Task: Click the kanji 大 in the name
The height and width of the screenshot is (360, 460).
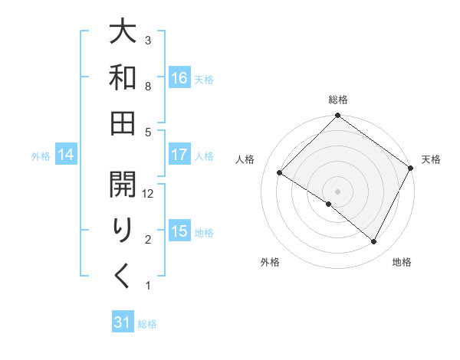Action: pyautogui.click(x=123, y=34)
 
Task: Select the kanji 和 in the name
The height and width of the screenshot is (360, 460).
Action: pyautogui.click(x=123, y=78)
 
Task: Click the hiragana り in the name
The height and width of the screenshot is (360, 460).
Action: pyautogui.click(x=123, y=231)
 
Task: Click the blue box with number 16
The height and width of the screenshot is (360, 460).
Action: pyautogui.click(x=179, y=77)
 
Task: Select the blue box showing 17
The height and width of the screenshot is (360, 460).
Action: pyautogui.click(x=179, y=155)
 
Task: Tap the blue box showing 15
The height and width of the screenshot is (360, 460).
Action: pyautogui.click(x=179, y=231)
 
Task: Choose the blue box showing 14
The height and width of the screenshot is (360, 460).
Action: pyautogui.click(x=66, y=155)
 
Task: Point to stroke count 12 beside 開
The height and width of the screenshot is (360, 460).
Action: pyautogui.click(x=149, y=194)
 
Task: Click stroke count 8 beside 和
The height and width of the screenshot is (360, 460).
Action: pyautogui.click(x=149, y=87)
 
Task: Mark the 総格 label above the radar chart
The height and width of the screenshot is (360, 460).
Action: pyautogui.click(x=338, y=100)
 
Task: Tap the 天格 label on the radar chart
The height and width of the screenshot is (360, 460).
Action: pyautogui.click(x=431, y=159)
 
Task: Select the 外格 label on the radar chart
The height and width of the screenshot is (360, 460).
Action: pyautogui.click(x=270, y=263)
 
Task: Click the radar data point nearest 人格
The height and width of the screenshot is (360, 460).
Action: pyautogui.click(x=280, y=172)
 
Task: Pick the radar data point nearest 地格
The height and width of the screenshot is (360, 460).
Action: pyautogui.click(x=374, y=242)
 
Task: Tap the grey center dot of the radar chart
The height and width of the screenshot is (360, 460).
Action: pyautogui.click(x=338, y=191)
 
